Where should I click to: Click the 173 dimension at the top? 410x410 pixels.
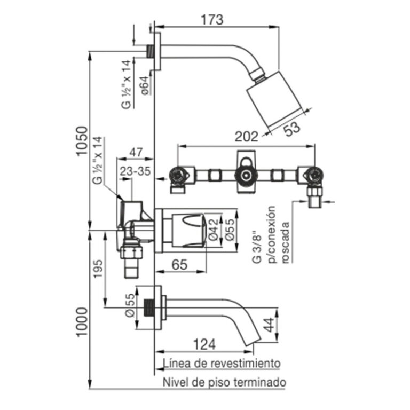[212, 20]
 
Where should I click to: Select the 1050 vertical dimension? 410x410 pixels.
[81, 141]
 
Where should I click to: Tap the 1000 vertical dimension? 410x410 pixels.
[81, 322]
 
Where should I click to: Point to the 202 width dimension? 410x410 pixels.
[246, 137]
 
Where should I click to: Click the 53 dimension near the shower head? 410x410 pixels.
[293, 128]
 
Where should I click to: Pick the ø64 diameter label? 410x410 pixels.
[145, 85]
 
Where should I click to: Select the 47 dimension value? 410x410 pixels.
[136, 152]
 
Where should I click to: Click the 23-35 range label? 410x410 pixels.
[135, 171]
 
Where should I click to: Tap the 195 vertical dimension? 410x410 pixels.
[99, 269]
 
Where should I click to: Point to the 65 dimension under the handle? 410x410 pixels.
[179, 264]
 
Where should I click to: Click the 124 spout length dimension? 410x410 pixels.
[204, 344]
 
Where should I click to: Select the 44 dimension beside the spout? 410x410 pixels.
[269, 325]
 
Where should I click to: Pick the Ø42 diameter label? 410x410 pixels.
[214, 230]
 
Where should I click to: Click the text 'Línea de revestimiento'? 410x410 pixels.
[222, 363]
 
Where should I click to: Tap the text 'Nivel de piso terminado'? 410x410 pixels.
[224, 382]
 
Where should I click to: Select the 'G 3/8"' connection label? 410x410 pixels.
[257, 247]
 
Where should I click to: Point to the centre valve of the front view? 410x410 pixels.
[246, 175]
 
